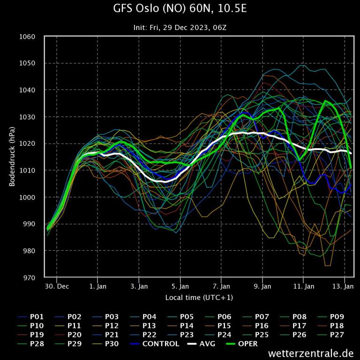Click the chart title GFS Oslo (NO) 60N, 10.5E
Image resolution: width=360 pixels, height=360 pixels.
180,9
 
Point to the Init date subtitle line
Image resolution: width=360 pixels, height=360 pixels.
180,27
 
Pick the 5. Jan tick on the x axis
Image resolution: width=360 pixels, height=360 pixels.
180,285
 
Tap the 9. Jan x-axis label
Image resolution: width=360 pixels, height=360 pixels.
262,285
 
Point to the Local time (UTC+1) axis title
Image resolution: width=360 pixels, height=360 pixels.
199,298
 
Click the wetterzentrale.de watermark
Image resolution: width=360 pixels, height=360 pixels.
311,353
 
